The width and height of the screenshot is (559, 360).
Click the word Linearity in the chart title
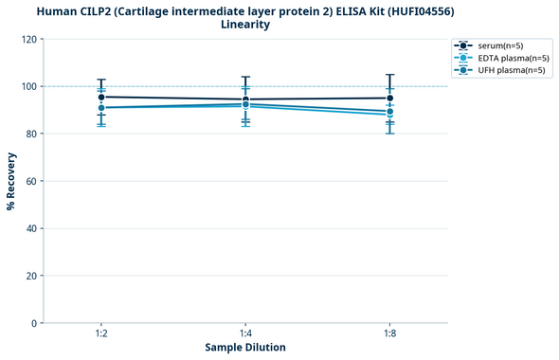[245, 25]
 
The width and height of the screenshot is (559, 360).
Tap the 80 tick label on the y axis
[30, 134]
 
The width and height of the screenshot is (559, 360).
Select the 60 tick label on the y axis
[30, 181]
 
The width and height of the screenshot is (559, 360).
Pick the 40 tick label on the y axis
[30, 228]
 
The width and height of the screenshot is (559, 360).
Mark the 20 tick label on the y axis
[30, 276]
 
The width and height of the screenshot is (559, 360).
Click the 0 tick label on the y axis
[33, 323]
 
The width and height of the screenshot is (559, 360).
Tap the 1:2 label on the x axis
[101, 334]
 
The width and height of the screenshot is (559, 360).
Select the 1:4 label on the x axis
[245, 334]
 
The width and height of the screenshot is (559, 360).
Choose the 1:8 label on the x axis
[389, 334]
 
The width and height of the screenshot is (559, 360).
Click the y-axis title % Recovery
[11, 181]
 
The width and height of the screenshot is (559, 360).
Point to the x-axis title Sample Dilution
[245, 348]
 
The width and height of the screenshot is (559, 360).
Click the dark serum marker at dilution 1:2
[101, 97]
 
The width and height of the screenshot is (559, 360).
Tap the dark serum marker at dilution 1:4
[245, 99]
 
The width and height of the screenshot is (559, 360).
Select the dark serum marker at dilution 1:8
[389, 98]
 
